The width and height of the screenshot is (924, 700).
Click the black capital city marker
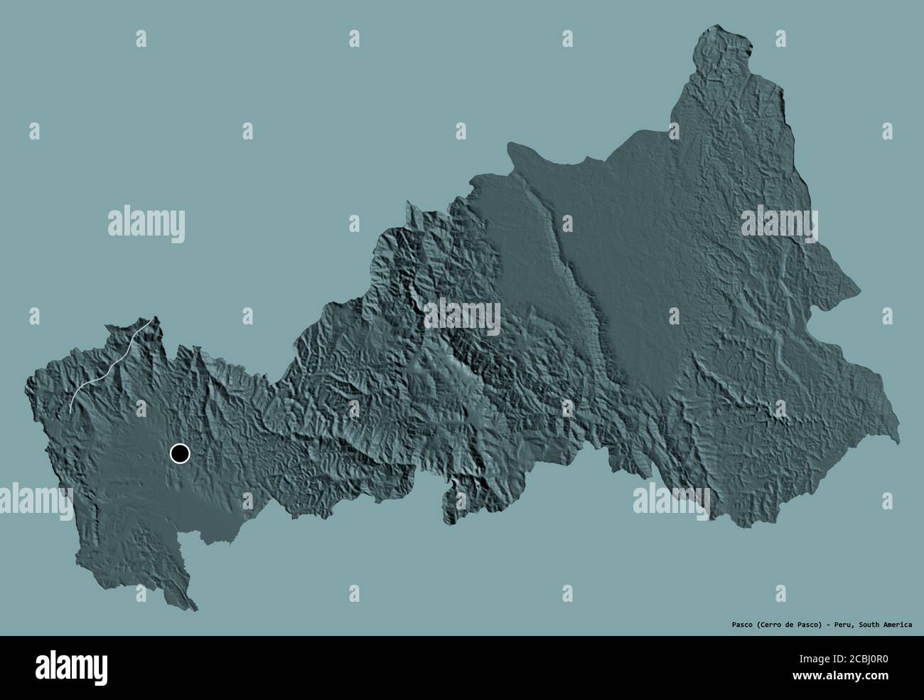coord(180,453)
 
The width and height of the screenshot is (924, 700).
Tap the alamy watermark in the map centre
coord(463,315)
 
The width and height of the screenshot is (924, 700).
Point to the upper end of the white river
coord(149,324)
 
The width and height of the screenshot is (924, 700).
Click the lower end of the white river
coord(71,410)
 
